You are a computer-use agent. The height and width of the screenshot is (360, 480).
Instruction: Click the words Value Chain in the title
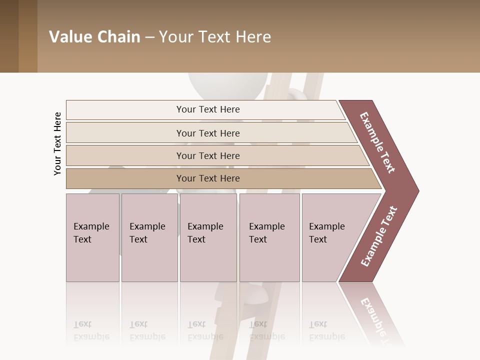click(x=94, y=37)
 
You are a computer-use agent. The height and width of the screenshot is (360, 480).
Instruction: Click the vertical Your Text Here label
click(x=57, y=143)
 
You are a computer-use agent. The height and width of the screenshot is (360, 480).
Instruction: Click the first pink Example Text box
click(x=92, y=237)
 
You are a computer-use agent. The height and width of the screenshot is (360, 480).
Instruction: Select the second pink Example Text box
click(x=149, y=237)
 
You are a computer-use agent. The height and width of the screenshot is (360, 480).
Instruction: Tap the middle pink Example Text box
click(x=208, y=237)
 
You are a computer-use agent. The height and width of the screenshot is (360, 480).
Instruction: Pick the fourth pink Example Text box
click(x=269, y=237)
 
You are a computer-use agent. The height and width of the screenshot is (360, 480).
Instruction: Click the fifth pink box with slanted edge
click(x=332, y=237)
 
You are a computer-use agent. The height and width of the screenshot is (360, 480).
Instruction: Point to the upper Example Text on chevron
click(x=377, y=142)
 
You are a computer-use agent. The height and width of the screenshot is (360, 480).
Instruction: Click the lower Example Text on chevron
click(x=379, y=236)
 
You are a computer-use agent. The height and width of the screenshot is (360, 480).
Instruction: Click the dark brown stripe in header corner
click(x=9, y=36)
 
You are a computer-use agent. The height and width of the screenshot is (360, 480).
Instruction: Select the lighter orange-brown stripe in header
click(x=28, y=36)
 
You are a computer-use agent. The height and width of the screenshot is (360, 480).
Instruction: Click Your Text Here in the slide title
click(x=215, y=37)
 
